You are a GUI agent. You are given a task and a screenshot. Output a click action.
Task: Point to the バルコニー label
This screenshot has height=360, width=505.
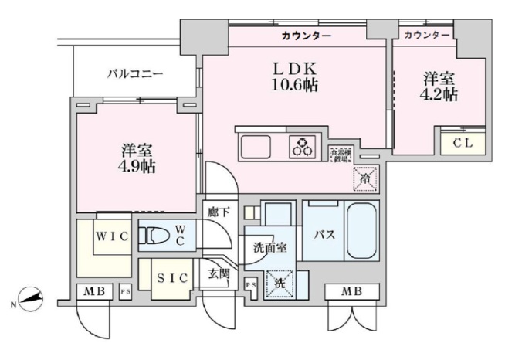click(x=134, y=74)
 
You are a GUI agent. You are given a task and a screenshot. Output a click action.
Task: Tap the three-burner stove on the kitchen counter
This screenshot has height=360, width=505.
click(x=302, y=146)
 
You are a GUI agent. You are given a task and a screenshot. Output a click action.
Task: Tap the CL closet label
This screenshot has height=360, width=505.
click(x=463, y=144)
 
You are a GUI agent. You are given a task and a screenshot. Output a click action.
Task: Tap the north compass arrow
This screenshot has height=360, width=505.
click(x=29, y=298)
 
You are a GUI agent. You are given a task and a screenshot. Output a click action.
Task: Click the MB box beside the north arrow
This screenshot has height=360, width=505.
click(x=95, y=292)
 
